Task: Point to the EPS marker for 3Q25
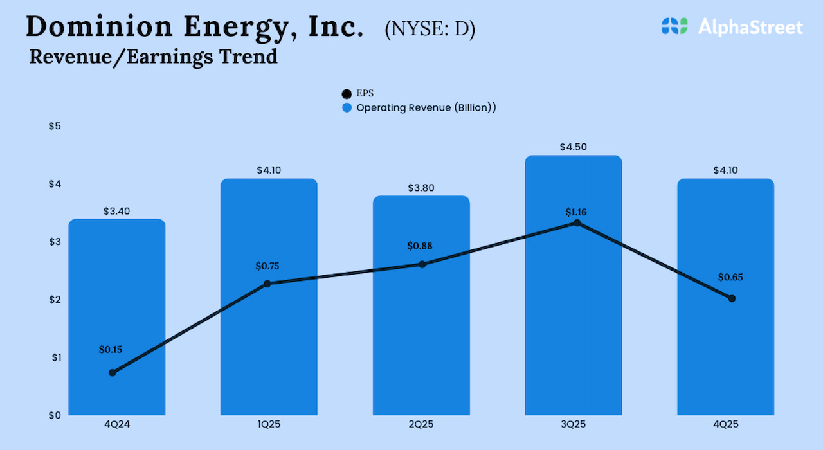coord(577,223)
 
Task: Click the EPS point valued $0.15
coord(113,373)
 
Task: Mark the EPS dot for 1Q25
coord(267,283)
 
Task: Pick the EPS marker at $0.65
coord(732,298)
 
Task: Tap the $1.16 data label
coord(576,212)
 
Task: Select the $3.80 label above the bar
coord(421,188)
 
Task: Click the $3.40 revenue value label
coord(116,211)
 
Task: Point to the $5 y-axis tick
coord(55,126)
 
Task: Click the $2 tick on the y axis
coord(55,300)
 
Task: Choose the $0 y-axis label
coord(55,415)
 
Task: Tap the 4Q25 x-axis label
coord(725,425)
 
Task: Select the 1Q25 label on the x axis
coord(268,425)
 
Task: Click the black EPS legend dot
coord(347,94)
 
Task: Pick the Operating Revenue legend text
coord(426,107)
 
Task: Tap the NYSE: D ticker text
coord(430,30)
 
